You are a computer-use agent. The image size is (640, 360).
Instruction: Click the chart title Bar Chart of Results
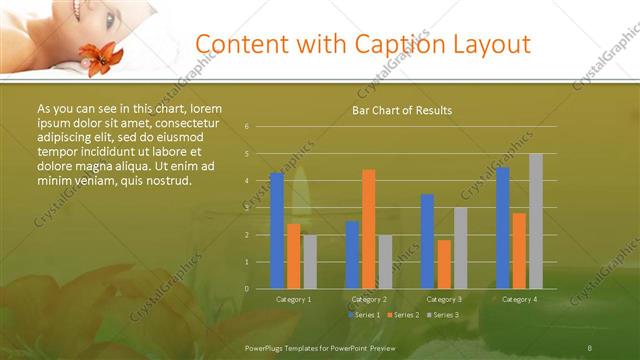tap(402, 110)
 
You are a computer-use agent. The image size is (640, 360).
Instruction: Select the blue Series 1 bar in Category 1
tap(277, 231)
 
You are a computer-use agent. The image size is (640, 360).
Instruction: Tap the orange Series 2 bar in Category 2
tap(369, 229)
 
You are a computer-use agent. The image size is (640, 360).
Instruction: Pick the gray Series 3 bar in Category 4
tap(536, 221)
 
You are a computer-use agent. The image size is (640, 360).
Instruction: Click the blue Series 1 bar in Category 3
tap(428, 241)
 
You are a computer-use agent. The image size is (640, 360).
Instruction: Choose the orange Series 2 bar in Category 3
tap(444, 264)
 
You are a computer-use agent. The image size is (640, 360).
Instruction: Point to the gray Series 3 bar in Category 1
tap(310, 261)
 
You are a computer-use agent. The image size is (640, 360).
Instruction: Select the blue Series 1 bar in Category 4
tap(503, 228)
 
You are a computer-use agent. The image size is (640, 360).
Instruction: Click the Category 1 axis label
tap(293, 299)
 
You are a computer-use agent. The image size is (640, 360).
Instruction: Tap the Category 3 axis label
tap(444, 299)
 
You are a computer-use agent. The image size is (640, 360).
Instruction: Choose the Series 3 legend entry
tap(446, 315)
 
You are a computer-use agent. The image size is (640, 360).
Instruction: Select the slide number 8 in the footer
tap(590, 346)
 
